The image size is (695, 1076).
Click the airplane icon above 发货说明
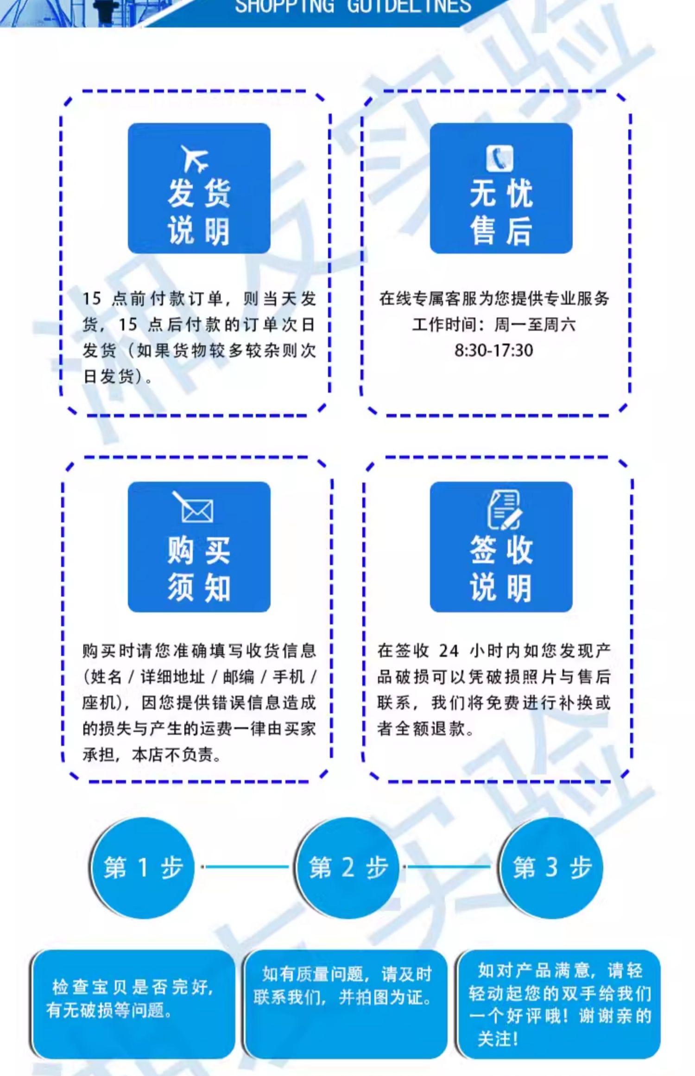coord(195,158)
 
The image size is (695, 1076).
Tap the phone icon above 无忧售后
coord(500,158)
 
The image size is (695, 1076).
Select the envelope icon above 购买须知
coord(193,507)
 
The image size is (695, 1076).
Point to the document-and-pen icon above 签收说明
coord(504,510)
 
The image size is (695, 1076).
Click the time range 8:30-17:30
coord(494,350)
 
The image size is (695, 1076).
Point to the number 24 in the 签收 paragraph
coord(449,651)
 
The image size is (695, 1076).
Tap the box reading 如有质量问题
coord(345,1004)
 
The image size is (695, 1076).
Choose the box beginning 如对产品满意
coord(559,1004)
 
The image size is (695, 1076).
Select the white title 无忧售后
coord(501,212)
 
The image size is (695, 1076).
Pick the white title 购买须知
coord(199,570)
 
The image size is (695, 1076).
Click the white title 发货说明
coord(199,212)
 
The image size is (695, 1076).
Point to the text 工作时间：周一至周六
coord(494,324)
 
